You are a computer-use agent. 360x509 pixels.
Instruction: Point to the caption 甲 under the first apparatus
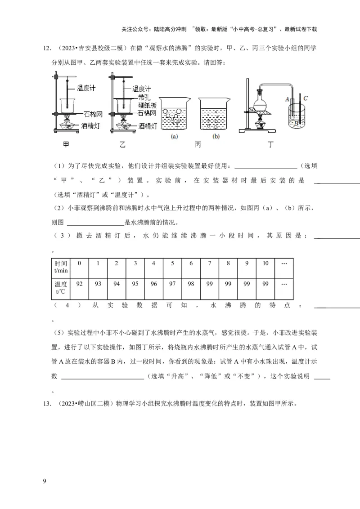pyautogui.click(x=66, y=145)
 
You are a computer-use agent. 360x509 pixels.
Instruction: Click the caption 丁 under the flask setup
pyautogui.click(x=270, y=145)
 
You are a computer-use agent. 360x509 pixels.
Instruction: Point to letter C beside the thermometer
pyautogui.click(x=306, y=98)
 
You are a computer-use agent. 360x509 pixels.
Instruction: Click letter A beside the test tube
pyautogui.click(x=287, y=98)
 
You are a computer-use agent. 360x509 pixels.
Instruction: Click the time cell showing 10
pyautogui.click(x=265, y=263)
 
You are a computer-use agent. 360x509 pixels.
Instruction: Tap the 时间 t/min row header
pyautogui.click(x=61, y=267)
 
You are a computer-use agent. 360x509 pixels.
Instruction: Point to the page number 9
pyautogui.click(x=44, y=482)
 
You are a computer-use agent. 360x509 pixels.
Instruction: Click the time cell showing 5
pyautogui.click(x=172, y=263)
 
